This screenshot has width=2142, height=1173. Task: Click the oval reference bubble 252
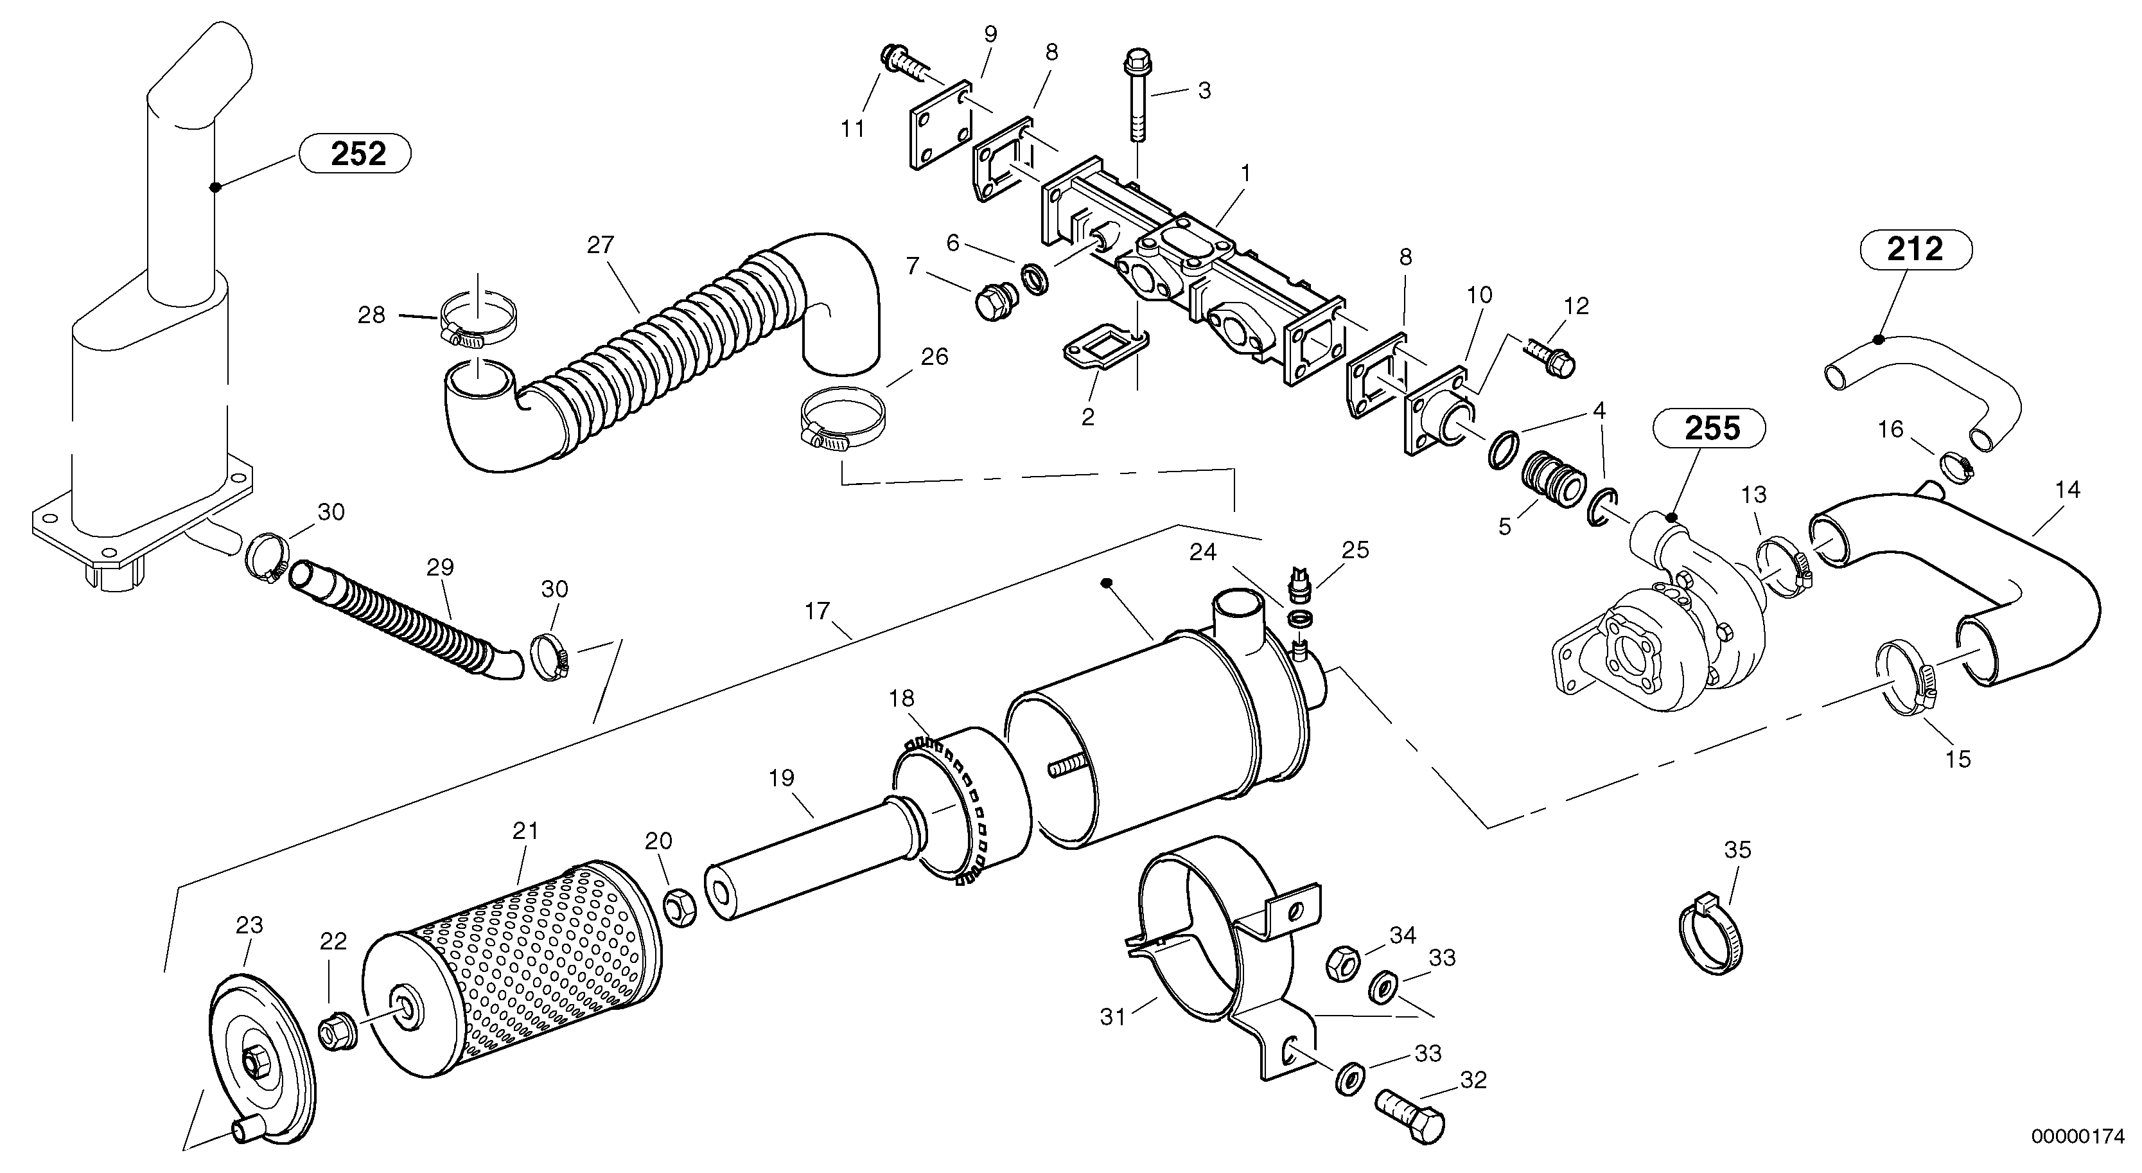point(358,154)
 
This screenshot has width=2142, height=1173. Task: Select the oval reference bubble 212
point(1916,250)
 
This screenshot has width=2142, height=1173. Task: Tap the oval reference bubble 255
point(1713,428)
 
